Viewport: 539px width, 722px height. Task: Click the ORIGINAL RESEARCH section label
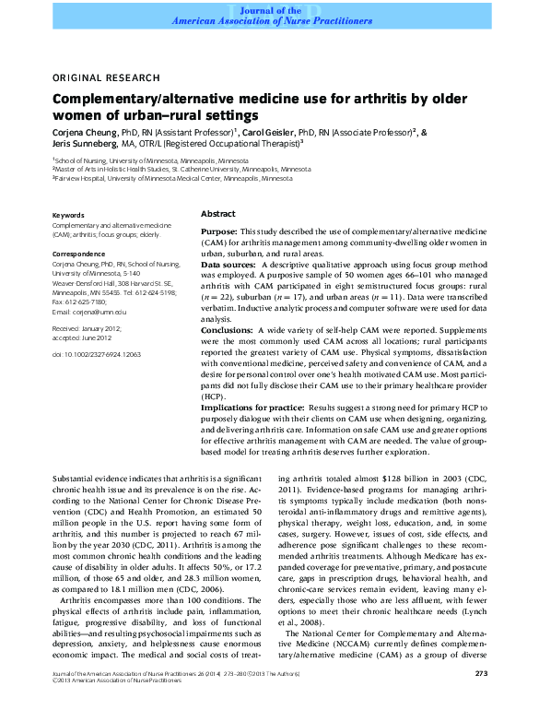105,78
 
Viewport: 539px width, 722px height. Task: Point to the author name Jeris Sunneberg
84,144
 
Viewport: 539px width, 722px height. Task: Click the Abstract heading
217,213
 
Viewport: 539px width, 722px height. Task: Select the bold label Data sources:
229,265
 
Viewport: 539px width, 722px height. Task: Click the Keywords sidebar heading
69,215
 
